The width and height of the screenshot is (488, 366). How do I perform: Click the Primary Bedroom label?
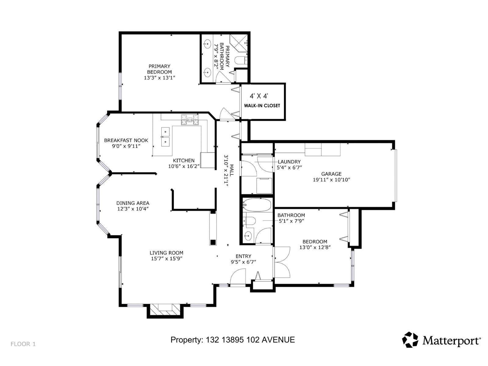click(x=159, y=69)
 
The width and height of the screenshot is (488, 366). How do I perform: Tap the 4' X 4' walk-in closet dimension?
click(x=259, y=96)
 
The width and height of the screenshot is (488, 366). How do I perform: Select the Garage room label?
click(x=331, y=174)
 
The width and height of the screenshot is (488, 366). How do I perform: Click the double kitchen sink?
click(x=165, y=137)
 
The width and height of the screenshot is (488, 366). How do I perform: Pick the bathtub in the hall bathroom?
click(x=258, y=205)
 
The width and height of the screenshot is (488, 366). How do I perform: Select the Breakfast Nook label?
click(x=126, y=140)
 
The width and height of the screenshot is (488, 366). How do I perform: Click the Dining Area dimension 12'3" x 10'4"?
click(x=133, y=209)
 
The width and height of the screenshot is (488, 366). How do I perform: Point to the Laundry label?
click(x=289, y=162)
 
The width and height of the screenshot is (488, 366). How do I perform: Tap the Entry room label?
click(x=243, y=256)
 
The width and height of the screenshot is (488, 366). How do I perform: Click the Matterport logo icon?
click(x=410, y=340)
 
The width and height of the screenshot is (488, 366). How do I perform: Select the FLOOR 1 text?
click(x=23, y=344)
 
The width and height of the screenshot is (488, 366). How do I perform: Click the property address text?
click(x=232, y=340)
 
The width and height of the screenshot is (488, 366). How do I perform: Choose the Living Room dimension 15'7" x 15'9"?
click(x=167, y=259)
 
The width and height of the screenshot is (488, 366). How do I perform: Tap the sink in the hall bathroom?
click(x=248, y=235)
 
